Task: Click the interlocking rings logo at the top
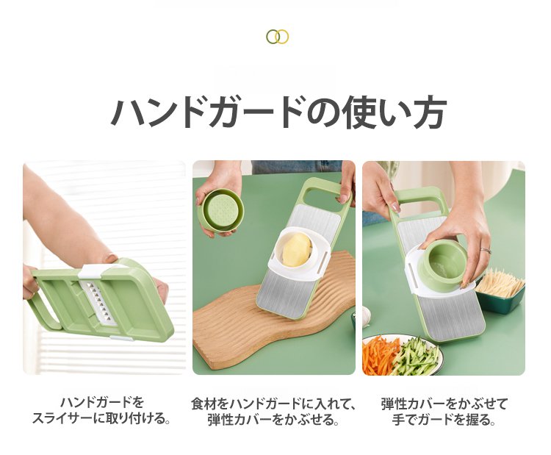(x=277, y=37)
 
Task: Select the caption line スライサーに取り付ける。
(x=102, y=418)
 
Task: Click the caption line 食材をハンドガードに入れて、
(x=274, y=404)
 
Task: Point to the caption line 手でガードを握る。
(x=444, y=419)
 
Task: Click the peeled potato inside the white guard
(x=297, y=250)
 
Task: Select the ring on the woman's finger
(x=486, y=251)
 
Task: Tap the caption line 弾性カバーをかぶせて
(x=444, y=404)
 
